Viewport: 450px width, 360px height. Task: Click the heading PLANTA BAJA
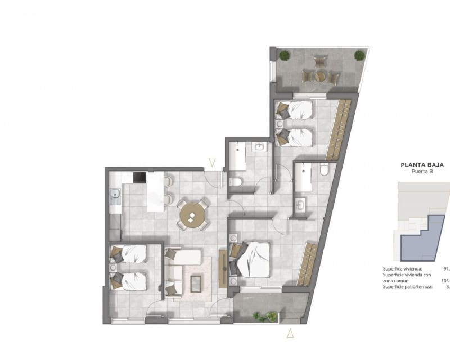[422, 165]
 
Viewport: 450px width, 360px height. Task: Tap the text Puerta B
[422, 173]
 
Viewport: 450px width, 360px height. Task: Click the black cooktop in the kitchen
[139, 178]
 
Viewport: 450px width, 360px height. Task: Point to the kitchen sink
[115, 196]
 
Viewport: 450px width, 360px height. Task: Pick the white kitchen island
[155, 194]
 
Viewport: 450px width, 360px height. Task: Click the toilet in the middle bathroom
[236, 181]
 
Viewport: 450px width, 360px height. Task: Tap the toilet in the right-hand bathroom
[323, 170]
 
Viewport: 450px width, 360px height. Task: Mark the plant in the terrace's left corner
[284, 55]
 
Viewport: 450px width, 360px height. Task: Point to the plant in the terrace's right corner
[359, 55]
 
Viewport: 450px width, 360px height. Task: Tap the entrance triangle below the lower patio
[290, 333]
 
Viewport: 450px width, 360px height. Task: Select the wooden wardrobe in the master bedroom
[307, 264]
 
